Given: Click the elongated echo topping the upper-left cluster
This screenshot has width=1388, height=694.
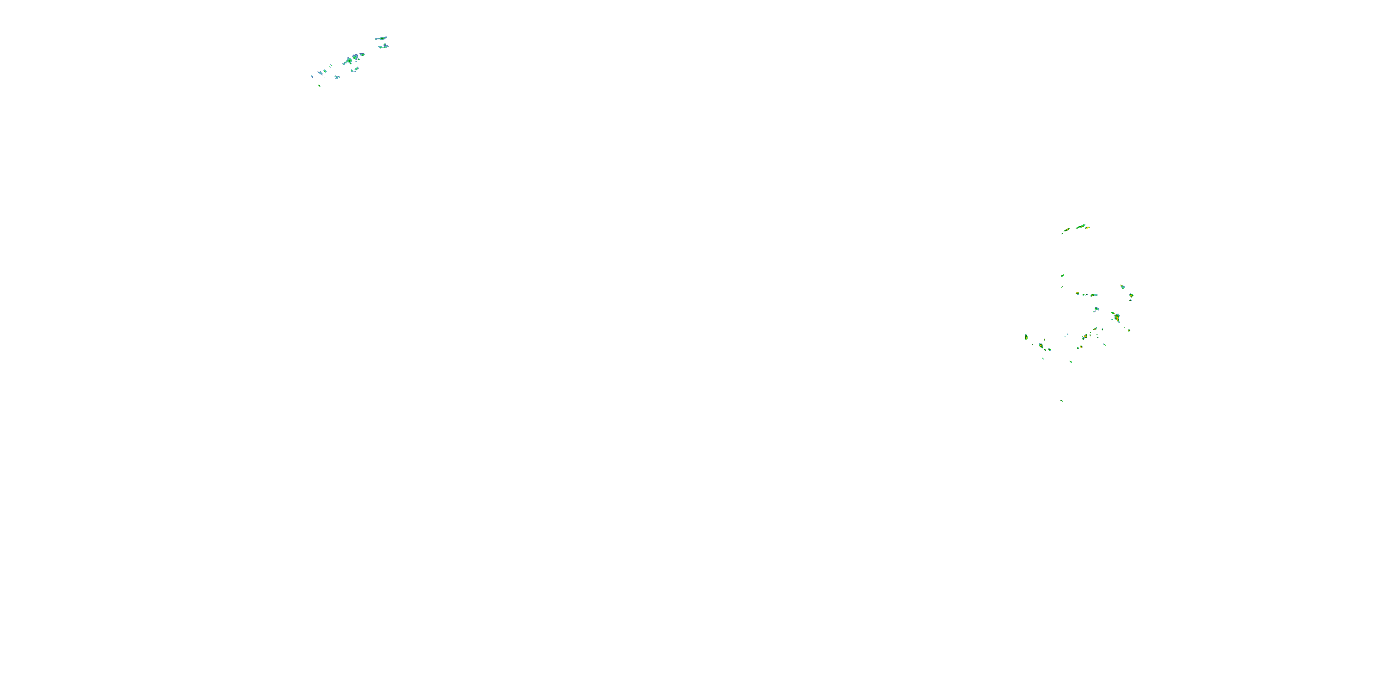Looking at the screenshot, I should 381,38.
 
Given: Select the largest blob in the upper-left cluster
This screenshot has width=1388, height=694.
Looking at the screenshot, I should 353,58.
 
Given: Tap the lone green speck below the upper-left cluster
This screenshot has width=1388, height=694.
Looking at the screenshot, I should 320,86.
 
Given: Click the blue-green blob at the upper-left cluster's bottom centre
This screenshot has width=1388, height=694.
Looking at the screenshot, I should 337,78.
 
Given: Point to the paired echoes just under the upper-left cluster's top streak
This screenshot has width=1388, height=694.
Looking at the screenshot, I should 383,46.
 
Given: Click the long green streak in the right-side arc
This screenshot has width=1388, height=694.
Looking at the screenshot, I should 1081,226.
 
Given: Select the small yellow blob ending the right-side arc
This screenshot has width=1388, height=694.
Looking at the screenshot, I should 1087,228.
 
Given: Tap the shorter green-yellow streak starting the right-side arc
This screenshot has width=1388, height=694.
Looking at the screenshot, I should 1066,230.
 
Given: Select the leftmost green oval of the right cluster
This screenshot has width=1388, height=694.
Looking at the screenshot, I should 1026,337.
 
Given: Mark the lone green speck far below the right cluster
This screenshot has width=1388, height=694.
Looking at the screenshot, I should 1061,400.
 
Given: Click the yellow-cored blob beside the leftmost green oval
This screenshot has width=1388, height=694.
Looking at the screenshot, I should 1041,345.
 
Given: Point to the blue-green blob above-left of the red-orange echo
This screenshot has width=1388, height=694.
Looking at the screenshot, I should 1096,309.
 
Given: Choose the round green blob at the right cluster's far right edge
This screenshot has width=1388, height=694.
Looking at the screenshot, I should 1131,295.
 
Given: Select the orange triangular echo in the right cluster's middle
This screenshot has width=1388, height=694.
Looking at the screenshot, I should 1084,337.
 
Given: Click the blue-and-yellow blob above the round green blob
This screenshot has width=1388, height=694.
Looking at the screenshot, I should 1122,287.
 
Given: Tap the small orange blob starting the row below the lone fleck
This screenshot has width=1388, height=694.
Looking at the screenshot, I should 1077,293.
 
